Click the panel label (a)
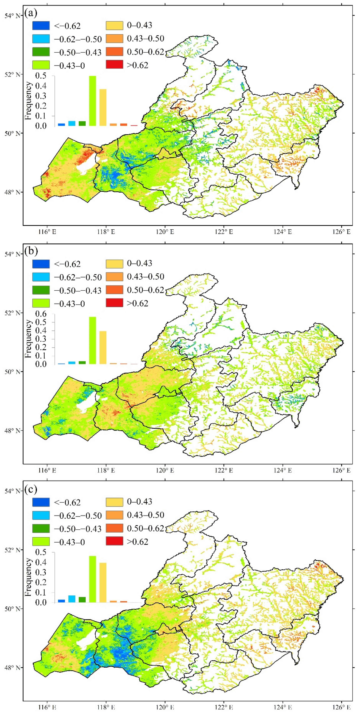point(31,13)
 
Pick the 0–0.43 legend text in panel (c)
point(139,501)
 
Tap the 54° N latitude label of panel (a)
point(12,15)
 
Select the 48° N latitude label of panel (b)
point(12,431)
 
